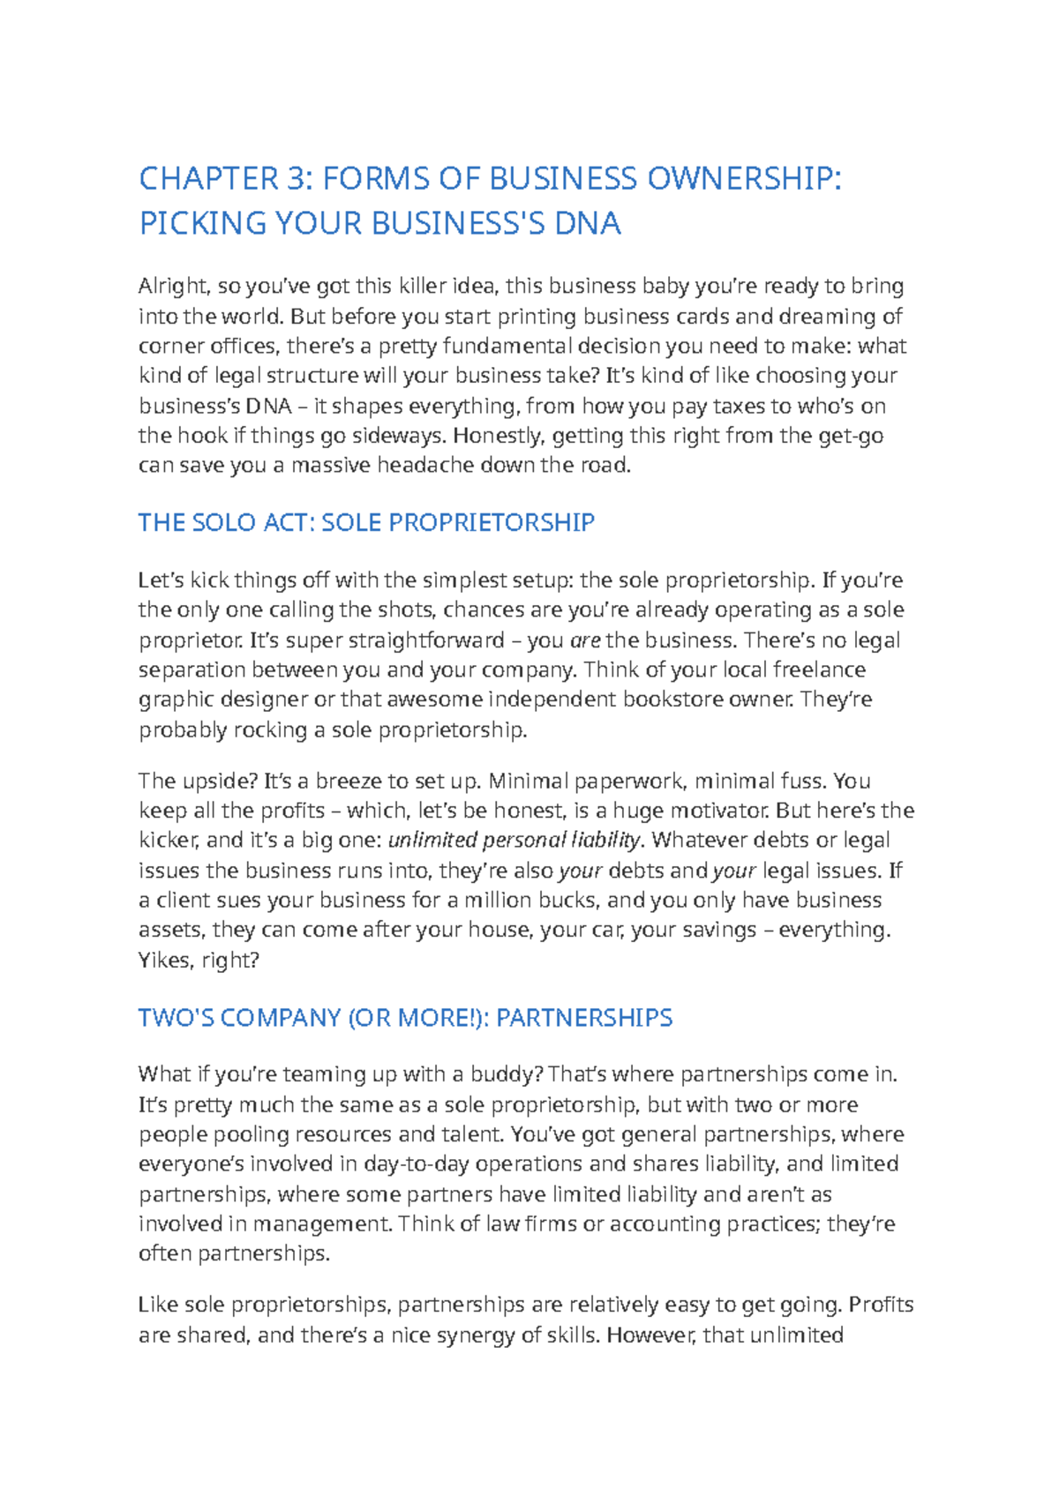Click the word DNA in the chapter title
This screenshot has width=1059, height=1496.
tap(588, 223)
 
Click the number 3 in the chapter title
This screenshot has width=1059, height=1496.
tap(295, 179)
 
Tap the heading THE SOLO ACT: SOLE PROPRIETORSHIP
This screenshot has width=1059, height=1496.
tap(366, 522)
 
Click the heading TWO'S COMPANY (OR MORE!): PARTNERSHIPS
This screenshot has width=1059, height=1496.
tap(405, 1017)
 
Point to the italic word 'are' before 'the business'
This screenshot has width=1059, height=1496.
tap(586, 640)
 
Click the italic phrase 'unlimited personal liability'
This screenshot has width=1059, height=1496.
tap(514, 840)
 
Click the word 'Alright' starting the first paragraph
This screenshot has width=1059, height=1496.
tap(174, 286)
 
